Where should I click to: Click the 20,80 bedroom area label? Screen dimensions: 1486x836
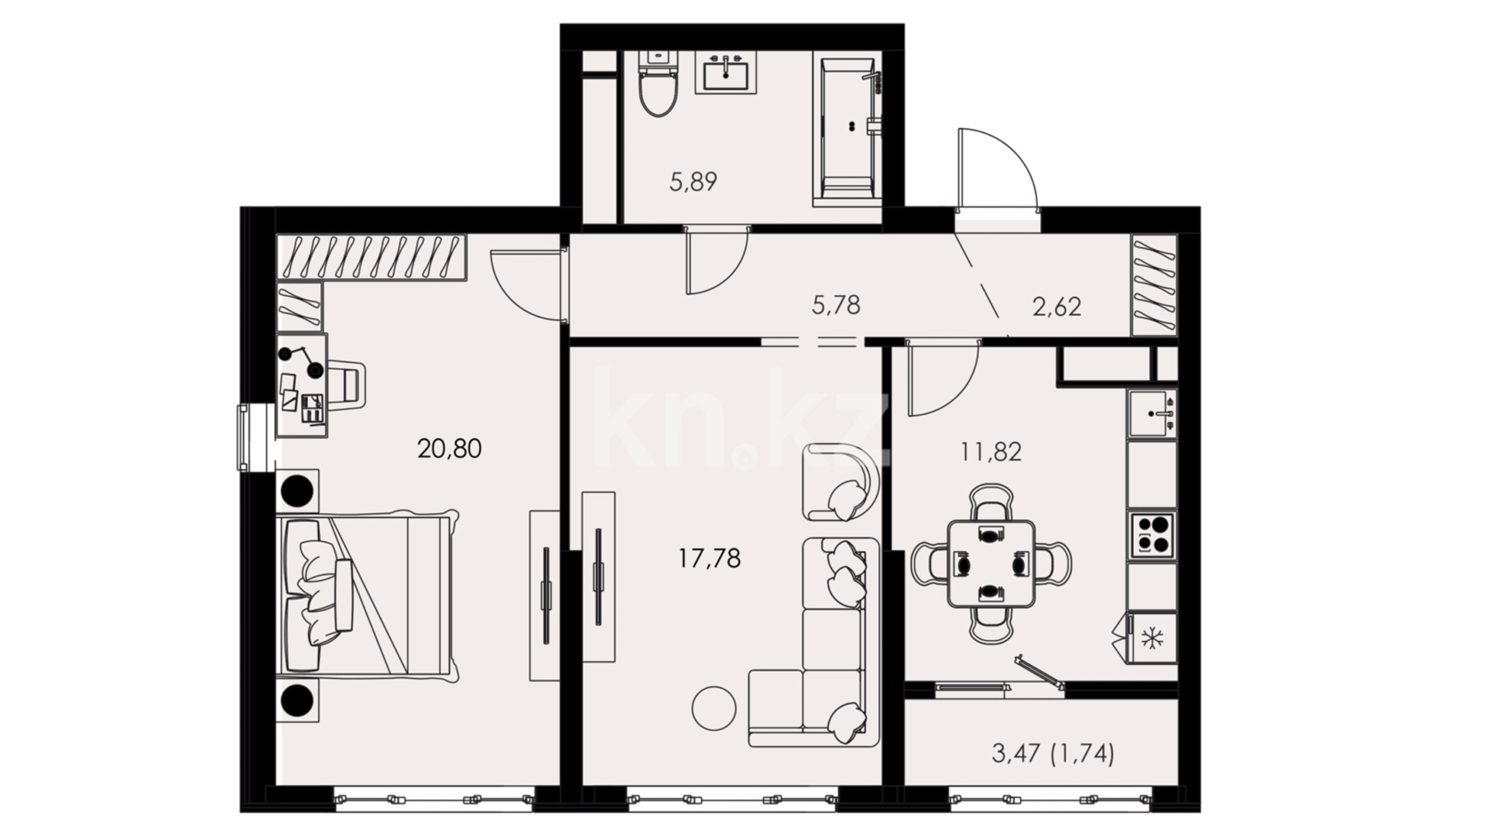coord(449,448)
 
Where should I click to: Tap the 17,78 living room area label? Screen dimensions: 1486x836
coord(710,557)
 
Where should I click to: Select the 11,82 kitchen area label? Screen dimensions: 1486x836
coord(991,452)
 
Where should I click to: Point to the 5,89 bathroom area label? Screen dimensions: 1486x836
coord(693,182)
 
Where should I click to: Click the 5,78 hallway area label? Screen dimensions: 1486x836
coord(836,305)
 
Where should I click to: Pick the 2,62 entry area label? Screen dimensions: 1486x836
coord(1056,307)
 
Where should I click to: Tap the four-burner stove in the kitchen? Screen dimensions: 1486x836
coord(1152,534)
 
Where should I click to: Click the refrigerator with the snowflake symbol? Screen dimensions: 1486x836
coord(1152,639)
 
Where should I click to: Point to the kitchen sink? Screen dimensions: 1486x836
coord(1152,414)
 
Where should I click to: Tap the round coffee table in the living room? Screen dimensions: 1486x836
coord(714,708)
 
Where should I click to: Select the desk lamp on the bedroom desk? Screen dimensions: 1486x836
coord(301,360)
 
